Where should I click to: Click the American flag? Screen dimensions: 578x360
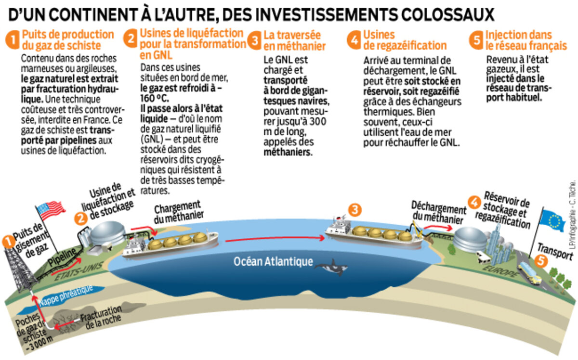coord(50,210)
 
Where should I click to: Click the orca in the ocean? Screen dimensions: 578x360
coord(331,268)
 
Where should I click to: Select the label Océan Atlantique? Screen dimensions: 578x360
coord(273,261)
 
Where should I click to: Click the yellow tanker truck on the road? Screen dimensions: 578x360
coord(529,274)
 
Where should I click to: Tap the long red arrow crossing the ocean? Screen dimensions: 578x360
coord(275,239)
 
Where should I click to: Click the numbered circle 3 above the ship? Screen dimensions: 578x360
coord(355,210)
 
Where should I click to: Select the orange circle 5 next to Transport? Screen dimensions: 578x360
coord(541,261)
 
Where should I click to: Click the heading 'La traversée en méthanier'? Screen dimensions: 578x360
coord(294,41)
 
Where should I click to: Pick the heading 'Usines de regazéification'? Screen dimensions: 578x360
coord(405,40)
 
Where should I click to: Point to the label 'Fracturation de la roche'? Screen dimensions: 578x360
coord(101,317)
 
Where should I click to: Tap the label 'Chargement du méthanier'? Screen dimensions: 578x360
coord(178,212)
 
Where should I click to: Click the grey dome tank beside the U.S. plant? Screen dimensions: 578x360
coord(107,232)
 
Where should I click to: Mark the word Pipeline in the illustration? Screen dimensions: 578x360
coord(62,257)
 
